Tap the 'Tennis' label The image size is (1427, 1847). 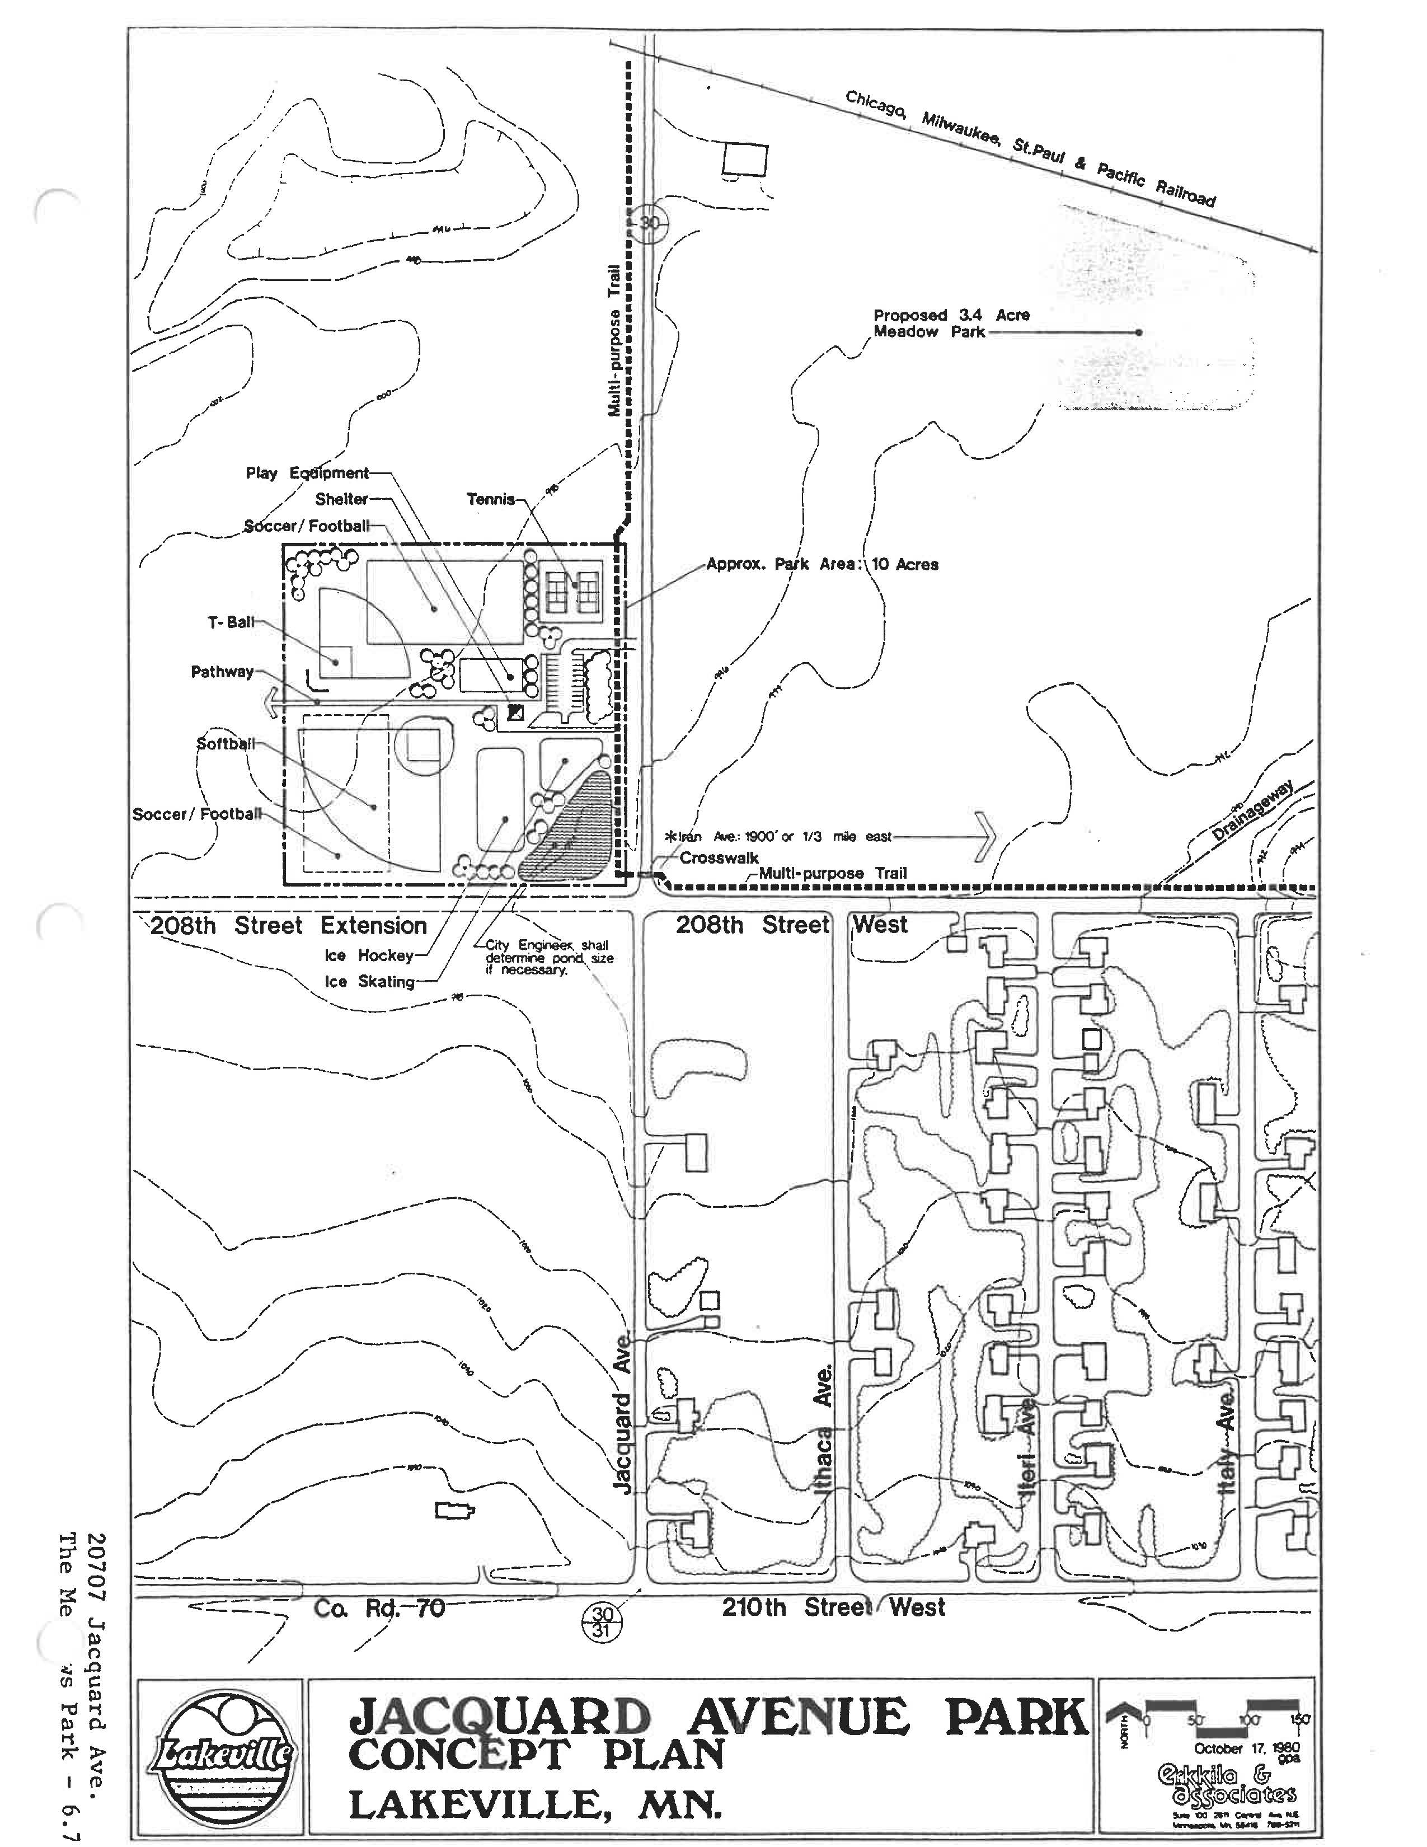pos(490,499)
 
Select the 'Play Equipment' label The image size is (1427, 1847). pos(307,473)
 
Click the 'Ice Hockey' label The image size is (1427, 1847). pos(369,955)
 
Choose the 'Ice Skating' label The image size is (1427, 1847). pos(369,982)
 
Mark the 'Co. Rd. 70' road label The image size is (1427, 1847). pos(379,1607)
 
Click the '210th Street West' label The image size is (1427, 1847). pos(833,1607)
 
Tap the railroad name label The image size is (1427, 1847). pos(1030,148)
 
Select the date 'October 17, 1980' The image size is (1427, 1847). pos(1247,1748)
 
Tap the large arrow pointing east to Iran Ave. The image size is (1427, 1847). pos(985,836)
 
